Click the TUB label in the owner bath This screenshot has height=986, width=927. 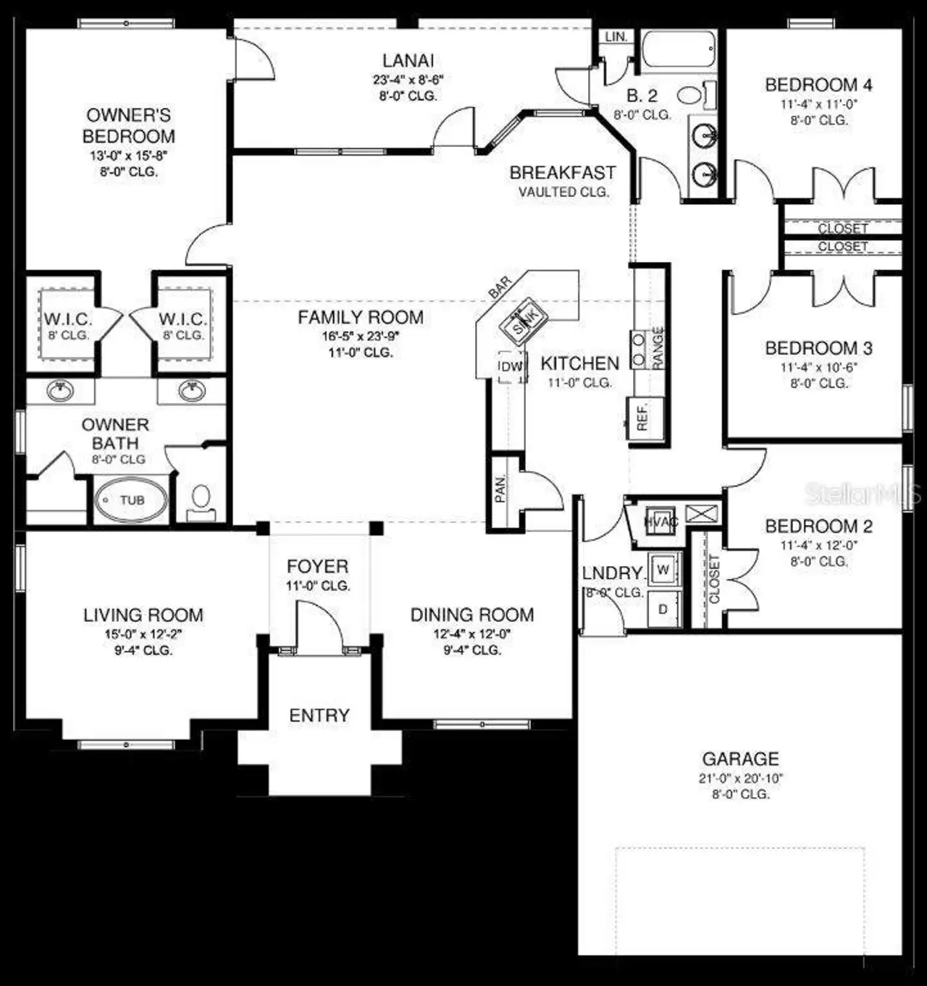(x=133, y=500)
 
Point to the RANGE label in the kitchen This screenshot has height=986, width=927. (x=658, y=348)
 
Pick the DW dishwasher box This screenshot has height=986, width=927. (x=511, y=366)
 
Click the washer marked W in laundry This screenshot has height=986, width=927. (x=663, y=570)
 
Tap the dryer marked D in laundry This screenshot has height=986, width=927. (x=663, y=609)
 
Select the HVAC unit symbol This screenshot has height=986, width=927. (x=660, y=521)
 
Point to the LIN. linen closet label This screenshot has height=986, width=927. (x=616, y=36)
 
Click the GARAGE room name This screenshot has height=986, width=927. (x=740, y=759)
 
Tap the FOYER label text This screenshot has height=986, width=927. (x=317, y=566)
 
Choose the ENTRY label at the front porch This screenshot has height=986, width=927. (x=319, y=715)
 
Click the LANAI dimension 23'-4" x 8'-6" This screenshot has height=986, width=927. (x=408, y=80)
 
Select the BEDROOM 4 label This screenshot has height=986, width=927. (x=818, y=85)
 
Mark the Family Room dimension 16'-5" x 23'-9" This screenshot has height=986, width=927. (x=361, y=336)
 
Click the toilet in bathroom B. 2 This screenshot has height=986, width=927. (x=690, y=95)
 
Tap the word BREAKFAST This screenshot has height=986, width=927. (x=562, y=173)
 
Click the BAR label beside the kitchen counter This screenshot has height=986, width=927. (x=500, y=287)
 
